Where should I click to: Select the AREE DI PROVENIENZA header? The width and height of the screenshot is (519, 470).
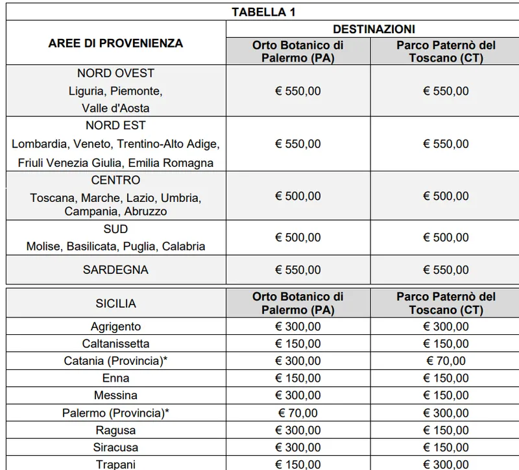[x=115, y=43]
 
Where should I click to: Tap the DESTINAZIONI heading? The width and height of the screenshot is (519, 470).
[x=374, y=29]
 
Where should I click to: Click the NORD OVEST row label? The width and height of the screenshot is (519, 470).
[x=115, y=73]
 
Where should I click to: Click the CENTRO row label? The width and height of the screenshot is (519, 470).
[x=115, y=180]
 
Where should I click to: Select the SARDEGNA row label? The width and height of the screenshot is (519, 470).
[x=115, y=270]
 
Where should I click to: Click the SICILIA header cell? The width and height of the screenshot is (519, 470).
[x=115, y=303]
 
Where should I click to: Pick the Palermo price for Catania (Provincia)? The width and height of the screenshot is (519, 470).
[x=298, y=361]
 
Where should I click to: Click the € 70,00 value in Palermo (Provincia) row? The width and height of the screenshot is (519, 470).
[x=298, y=413]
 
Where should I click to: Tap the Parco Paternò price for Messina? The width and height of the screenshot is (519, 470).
[x=445, y=395]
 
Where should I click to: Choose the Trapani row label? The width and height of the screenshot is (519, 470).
[x=115, y=464]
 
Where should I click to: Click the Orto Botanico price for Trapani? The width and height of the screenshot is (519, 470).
[x=298, y=464]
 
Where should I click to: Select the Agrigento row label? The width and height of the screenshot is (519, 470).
[x=115, y=327]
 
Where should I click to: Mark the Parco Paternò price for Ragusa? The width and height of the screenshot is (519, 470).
[x=445, y=430]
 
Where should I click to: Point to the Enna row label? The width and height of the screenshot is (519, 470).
[x=115, y=378]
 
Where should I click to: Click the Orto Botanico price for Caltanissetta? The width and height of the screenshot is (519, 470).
[x=298, y=343]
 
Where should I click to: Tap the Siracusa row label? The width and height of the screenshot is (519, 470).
[x=115, y=447]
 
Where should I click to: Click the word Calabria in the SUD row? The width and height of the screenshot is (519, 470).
[x=184, y=246]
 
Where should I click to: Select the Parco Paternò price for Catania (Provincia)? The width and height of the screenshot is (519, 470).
[x=445, y=361]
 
